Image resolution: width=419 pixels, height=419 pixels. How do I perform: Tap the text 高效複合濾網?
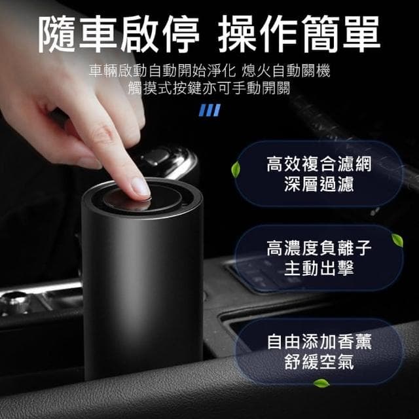[319, 164]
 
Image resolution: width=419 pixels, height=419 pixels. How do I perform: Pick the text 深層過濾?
[319, 184]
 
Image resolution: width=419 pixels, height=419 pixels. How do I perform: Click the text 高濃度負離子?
[319, 248]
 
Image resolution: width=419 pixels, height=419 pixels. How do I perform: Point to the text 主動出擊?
[319, 268]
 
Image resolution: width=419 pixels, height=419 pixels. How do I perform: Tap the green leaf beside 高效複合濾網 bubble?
[235, 170]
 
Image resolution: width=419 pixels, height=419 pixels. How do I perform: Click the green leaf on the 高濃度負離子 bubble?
[397, 240]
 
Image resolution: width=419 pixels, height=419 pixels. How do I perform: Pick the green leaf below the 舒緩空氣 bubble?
[321, 383]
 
